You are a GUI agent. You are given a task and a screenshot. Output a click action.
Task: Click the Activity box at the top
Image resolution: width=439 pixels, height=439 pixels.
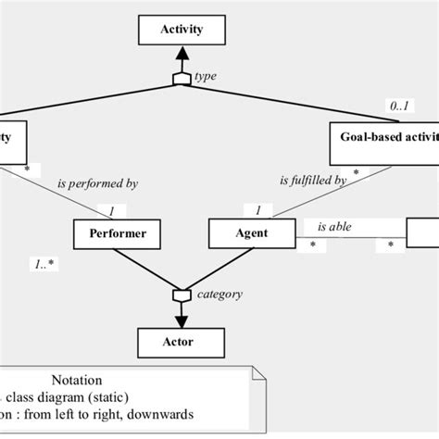pyautogui.click(x=182, y=30)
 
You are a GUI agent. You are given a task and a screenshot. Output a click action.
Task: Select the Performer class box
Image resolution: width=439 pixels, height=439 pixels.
pyautogui.click(x=117, y=233)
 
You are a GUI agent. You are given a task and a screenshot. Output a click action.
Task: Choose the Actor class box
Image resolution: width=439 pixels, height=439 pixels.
pyautogui.click(x=182, y=342)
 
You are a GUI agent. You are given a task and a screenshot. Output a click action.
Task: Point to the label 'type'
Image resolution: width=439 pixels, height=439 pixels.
pyautogui.click(x=206, y=77)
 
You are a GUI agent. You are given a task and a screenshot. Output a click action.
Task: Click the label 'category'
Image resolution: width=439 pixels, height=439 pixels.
pyautogui.click(x=219, y=295)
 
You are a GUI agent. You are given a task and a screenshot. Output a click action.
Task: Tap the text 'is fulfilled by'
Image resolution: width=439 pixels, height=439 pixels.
pyautogui.click(x=313, y=181)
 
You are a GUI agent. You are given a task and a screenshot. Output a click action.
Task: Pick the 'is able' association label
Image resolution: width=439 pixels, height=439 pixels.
pyautogui.click(x=334, y=225)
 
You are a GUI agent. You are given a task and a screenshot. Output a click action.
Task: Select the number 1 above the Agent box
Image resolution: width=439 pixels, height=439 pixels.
pyautogui.click(x=257, y=210)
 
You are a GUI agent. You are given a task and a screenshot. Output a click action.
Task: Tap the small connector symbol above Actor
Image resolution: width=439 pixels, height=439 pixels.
pyautogui.click(x=182, y=295)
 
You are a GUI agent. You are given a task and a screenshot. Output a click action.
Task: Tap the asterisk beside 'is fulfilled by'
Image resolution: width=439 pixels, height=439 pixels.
pyautogui.click(x=356, y=173)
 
